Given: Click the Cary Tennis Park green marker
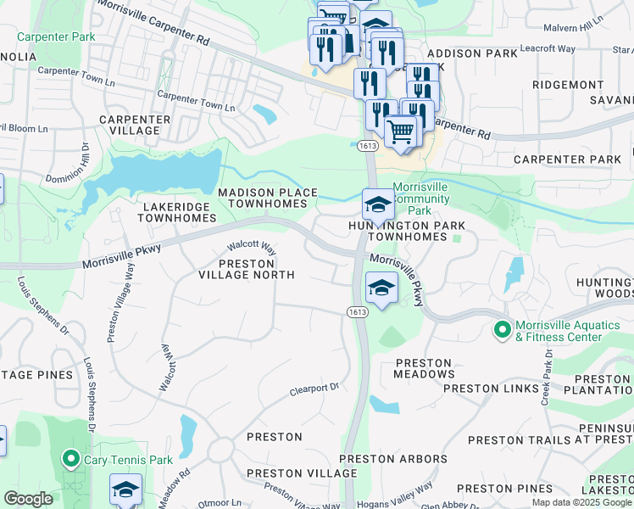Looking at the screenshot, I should coord(71,461).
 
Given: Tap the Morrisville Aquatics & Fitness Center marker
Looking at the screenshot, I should coord(502,327).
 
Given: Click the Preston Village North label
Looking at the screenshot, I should coord(246,268).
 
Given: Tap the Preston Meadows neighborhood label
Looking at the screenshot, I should coord(425,368).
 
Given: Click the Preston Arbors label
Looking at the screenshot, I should coord(392,459).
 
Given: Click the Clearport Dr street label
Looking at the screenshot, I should coord(314,388).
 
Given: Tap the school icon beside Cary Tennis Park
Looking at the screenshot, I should coord(125,489).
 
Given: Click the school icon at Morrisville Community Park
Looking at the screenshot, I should coord(377,203).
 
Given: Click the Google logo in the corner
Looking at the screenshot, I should coord(27,499).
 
